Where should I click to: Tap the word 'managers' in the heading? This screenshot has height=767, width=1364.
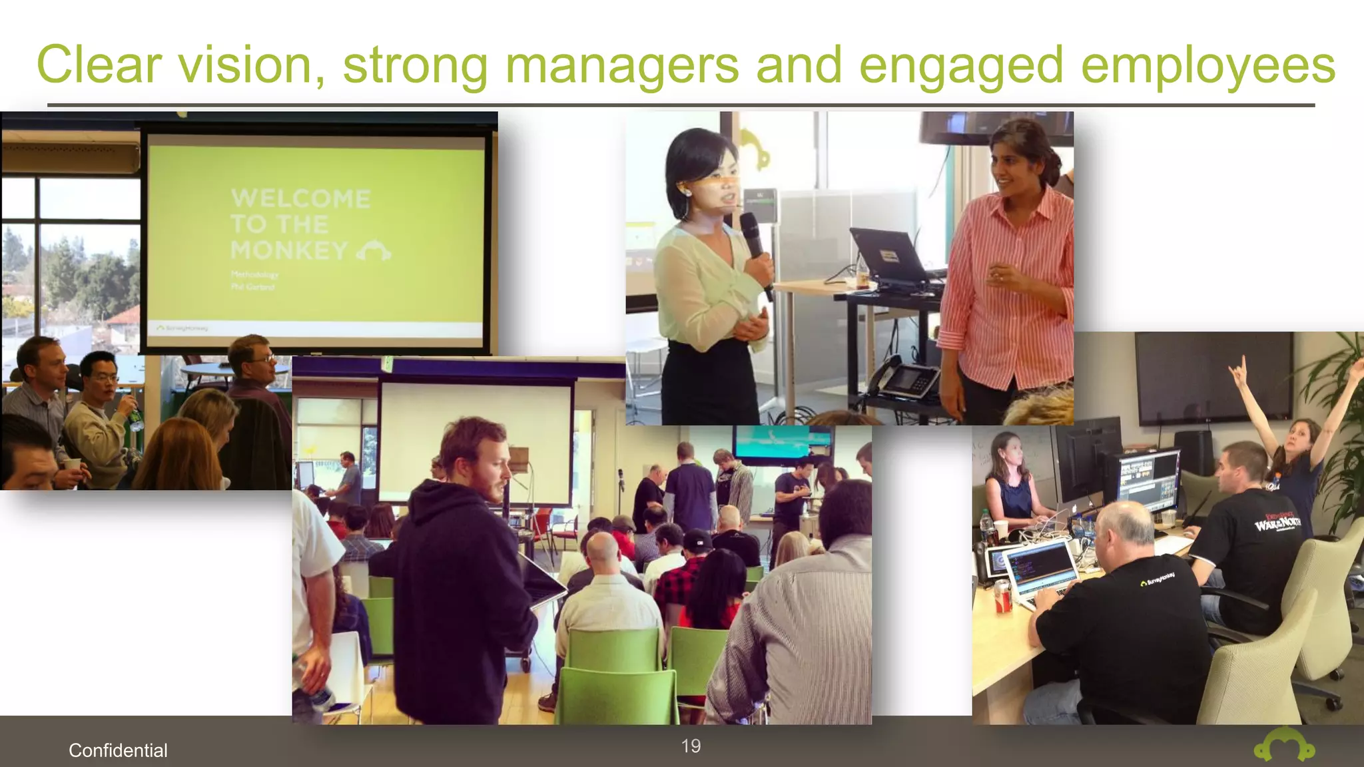coord(622,65)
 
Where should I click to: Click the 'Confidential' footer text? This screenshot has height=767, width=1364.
coord(118,750)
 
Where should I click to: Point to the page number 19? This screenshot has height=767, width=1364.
coord(691,746)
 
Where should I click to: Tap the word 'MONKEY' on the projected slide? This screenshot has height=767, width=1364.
coord(289,251)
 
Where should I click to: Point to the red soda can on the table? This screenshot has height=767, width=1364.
coord(1002,595)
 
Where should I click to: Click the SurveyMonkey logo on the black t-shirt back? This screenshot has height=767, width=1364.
coord(1158,579)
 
